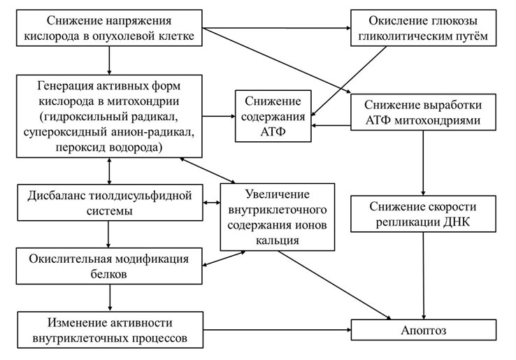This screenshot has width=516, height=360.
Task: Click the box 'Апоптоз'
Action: tap(424, 329)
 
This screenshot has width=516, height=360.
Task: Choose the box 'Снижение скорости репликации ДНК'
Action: tap(424, 216)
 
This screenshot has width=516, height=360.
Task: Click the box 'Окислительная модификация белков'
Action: tap(110, 266)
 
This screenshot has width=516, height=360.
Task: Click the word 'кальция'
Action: tap(278, 240)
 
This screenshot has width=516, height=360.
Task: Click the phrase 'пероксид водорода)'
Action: tap(110, 147)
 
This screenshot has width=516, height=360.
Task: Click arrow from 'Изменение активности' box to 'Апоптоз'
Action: tap(280, 329)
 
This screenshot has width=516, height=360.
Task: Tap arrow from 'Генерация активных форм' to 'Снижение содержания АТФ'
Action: tap(218, 115)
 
